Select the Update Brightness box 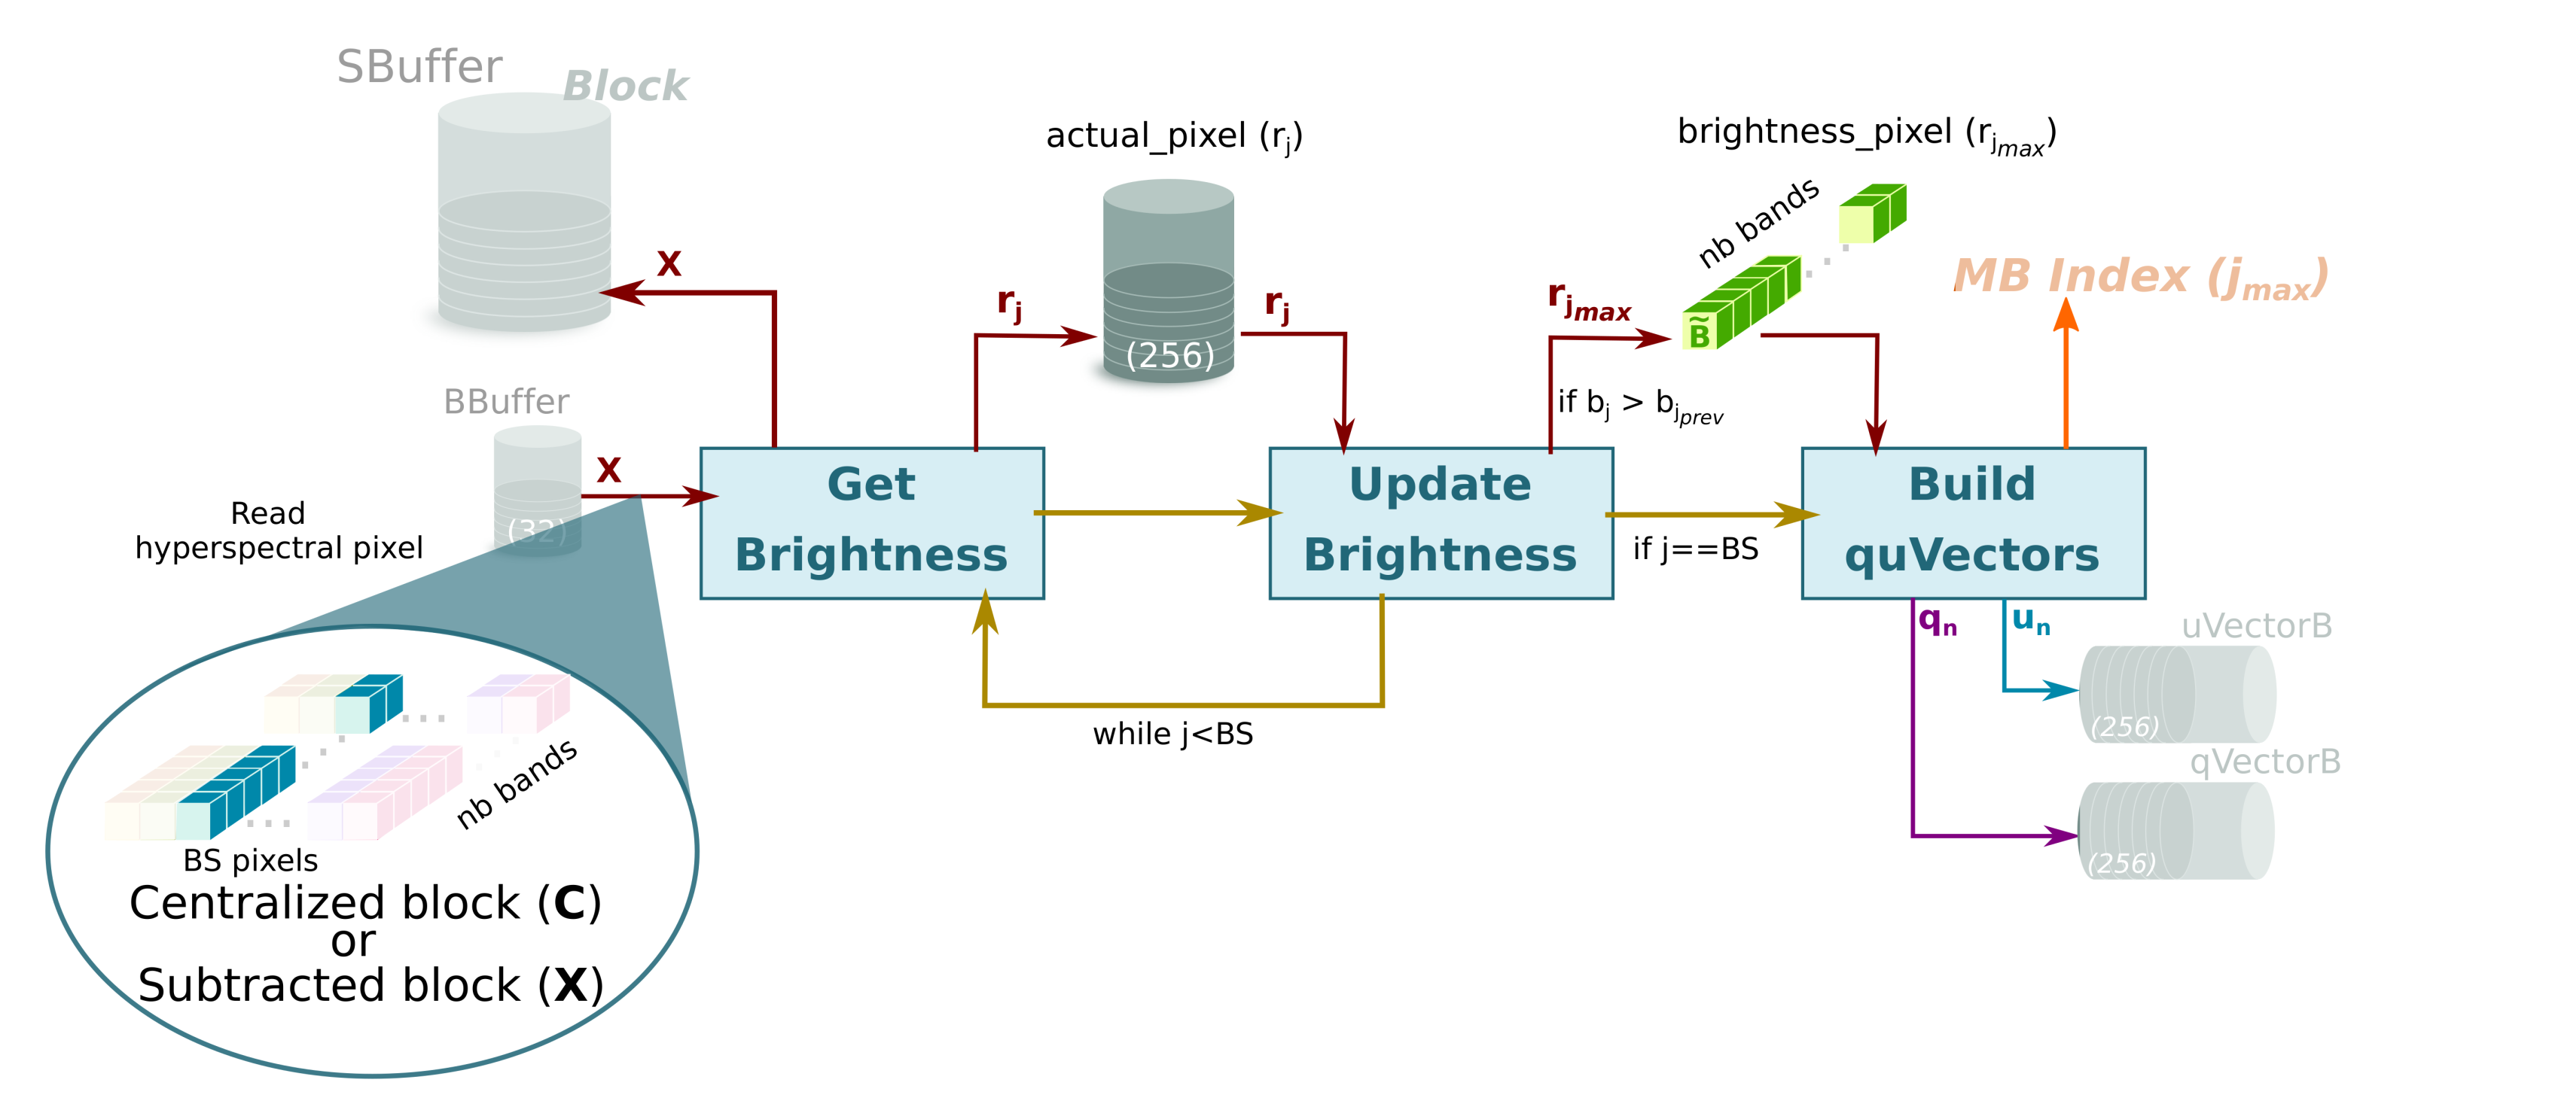pyautogui.click(x=1440, y=522)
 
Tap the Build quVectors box pyautogui.click(x=1972, y=522)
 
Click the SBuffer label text pyautogui.click(x=419, y=67)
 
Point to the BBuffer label pyautogui.click(x=505, y=402)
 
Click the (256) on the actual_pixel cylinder pyautogui.click(x=1169, y=355)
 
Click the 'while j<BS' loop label pyautogui.click(x=1172, y=734)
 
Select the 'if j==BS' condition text pyautogui.click(x=1695, y=549)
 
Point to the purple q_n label pyautogui.click(x=1937, y=622)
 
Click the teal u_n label pyautogui.click(x=2030, y=620)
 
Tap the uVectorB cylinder pyautogui.click(x=2177, y=695)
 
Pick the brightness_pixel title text pyautogui.click(x=1865, y=133)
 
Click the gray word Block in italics pyautogui.click(x=624, y=87)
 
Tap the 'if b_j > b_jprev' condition pyautogui.click(x=1639, y=405)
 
